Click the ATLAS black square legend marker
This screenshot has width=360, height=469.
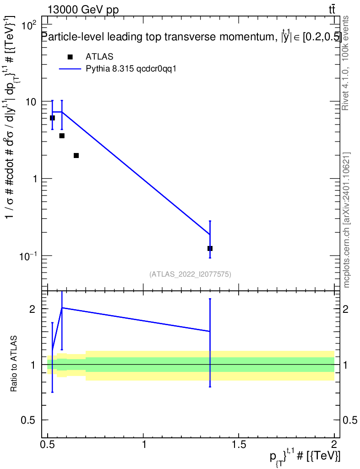pos(70,57)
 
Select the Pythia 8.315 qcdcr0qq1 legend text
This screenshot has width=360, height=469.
pos(131,69)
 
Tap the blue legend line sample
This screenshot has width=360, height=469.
pos(70,69)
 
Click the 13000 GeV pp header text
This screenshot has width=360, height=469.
pos(83,10)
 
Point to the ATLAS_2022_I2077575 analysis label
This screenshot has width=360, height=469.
pos(190,274)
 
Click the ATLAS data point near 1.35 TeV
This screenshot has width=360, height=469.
pos(210,248)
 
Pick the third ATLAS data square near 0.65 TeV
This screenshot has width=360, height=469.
pos(76,156)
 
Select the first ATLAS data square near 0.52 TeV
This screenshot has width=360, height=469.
pos(52,118)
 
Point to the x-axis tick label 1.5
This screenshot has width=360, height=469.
pos(239,444)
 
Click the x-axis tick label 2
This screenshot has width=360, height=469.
pos(334,444)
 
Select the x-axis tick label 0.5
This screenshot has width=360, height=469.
pos(48,444)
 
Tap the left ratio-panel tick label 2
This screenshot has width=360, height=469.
pos(33,309)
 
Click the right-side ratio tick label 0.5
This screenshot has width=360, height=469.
pos(349,420)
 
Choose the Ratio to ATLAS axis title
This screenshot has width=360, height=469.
pos(14,364)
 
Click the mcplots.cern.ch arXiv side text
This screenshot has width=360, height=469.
pos(346,220)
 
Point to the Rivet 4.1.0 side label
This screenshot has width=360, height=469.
pos(345,63)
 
